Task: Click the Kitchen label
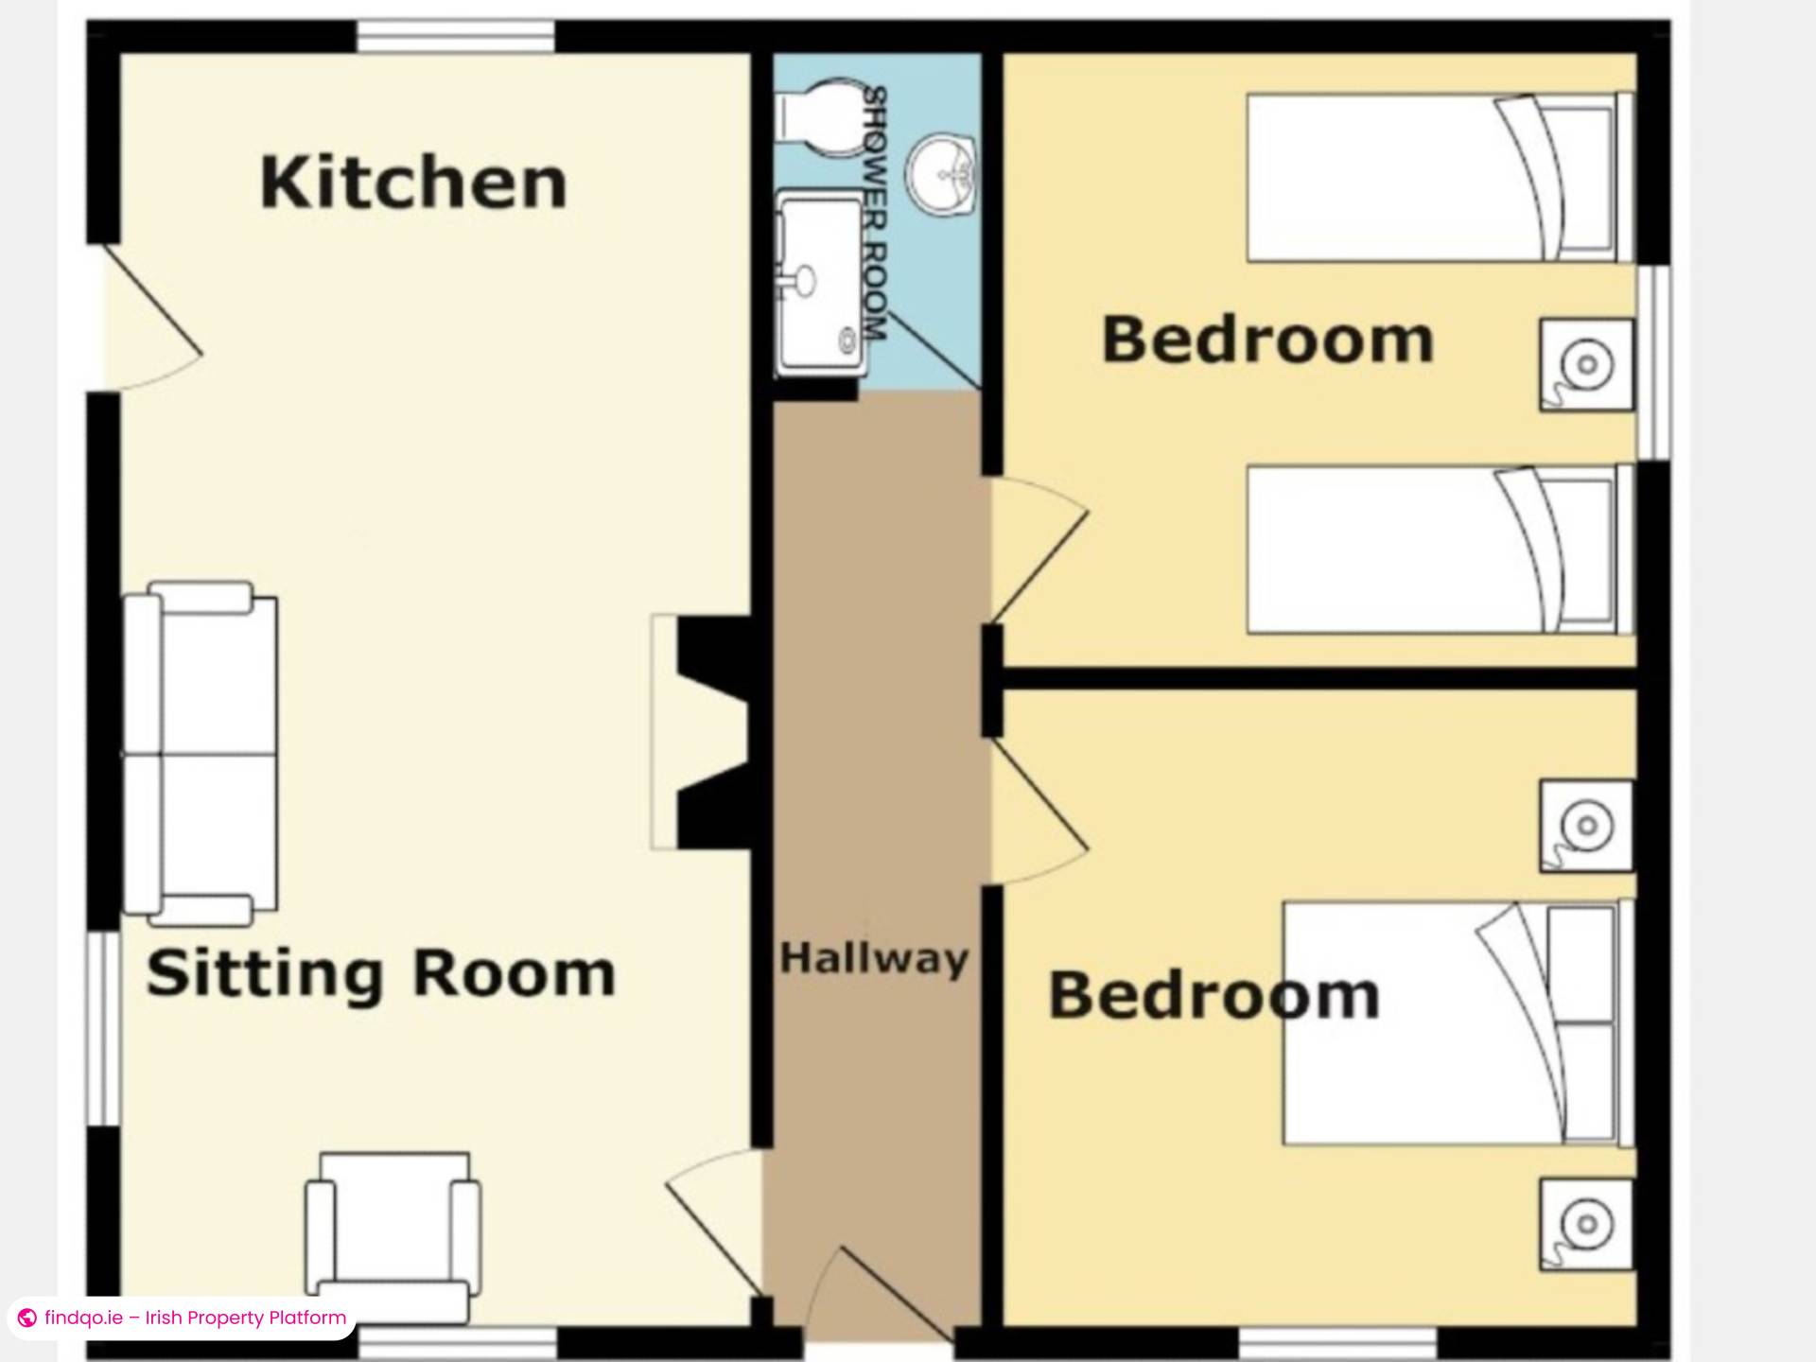point(413,183)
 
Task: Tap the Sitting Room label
point(381,974)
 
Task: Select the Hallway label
point(874,959)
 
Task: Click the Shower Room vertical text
point(876,215)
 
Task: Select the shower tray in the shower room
point(820,283)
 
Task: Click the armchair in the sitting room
point(392,1236)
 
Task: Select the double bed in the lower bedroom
point(1458,1022)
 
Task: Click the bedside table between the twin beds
point(1587,364)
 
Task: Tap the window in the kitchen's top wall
point(455,37)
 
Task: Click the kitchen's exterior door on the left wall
point(152,317)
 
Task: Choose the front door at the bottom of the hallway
point(879,1294)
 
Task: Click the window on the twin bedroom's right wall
point(1654,362)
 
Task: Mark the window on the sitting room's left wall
point(104,1029)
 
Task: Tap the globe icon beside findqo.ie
point(27,1318)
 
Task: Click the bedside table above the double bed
point(1587,825)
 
